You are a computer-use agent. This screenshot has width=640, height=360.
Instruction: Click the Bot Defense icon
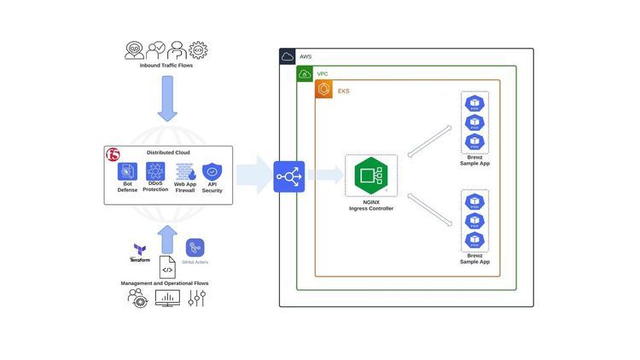[127, 171]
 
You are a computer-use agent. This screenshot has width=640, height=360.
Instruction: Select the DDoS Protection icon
[155, 171]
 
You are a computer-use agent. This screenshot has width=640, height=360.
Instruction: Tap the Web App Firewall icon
[184, 171]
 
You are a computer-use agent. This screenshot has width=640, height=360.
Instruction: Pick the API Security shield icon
[212, 171]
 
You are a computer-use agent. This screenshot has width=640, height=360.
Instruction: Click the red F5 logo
[113, 154]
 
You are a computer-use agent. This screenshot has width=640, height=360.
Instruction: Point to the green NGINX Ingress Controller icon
[371, 177]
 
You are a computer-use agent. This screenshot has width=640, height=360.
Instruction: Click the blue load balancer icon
[288, 177]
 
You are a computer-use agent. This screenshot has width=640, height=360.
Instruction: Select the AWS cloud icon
[288, 56]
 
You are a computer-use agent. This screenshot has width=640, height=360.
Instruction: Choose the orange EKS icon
[323, 90]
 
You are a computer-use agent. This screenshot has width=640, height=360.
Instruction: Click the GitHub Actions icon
[195, 247]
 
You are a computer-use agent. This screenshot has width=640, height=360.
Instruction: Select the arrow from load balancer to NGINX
[324, 176]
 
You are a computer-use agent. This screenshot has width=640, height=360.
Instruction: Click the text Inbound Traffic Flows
[166, 66]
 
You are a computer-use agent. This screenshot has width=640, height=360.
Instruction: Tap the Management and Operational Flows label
[167, 282]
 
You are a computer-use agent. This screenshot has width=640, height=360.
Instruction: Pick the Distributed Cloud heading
[168, 153]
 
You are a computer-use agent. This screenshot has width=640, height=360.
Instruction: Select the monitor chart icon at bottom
[167, 299]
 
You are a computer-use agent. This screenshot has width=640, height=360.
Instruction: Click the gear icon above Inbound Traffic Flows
[199, 49]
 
